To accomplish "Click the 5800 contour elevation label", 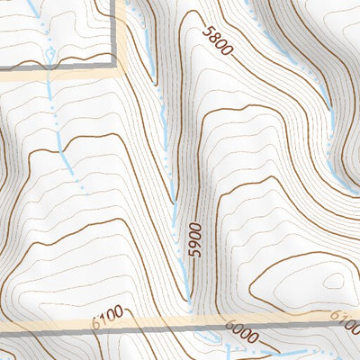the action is click(x=217, y=43).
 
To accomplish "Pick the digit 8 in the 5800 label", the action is click(x=213, y=39).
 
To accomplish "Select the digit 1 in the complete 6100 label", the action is click(x=102, y=316).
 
